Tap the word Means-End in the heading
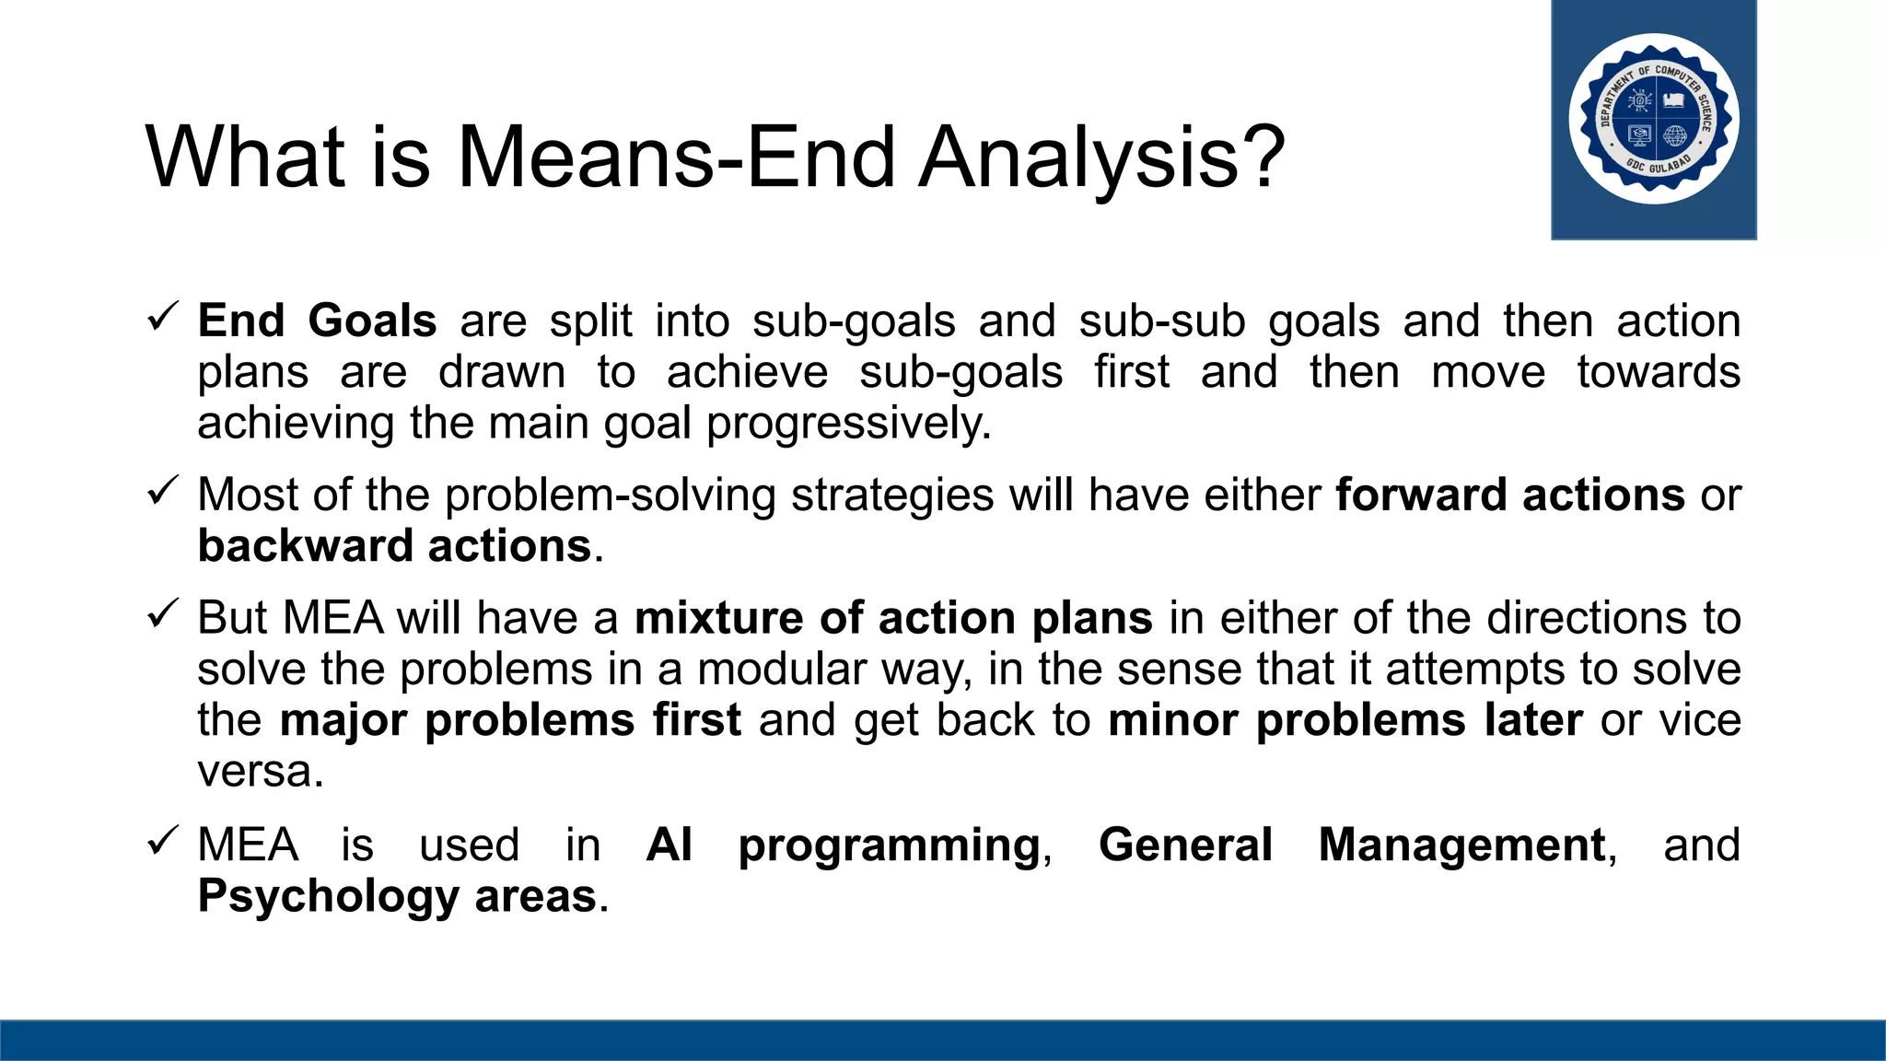676,157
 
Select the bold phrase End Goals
317,321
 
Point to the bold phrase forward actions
1509,495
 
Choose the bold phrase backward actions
394,546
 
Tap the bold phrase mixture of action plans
893,618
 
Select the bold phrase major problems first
510,720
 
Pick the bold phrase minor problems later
1345,720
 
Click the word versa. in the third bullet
261,772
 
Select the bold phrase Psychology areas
397,896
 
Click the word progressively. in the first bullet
848,424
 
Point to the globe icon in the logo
1675,136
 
